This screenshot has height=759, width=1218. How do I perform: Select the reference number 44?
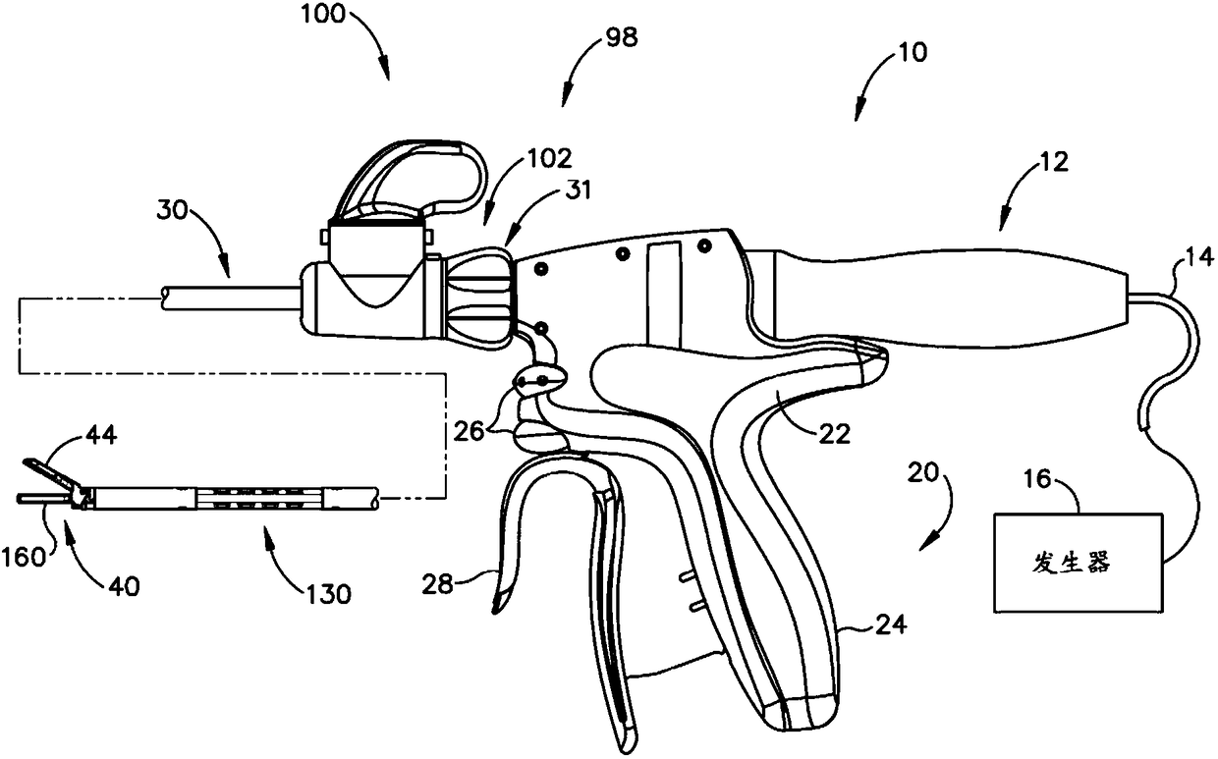point(102,434)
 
